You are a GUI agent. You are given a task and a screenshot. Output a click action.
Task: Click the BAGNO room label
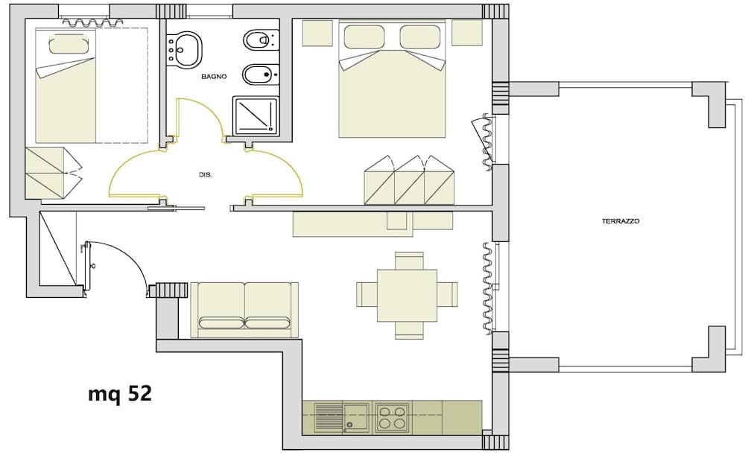point(214,77)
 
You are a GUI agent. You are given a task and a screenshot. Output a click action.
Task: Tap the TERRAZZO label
point(621,221)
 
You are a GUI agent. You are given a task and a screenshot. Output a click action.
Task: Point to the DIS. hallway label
point(206,174)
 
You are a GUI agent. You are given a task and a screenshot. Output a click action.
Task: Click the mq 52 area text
point(120,393)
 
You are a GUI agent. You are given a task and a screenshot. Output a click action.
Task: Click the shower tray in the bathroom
point(256,115)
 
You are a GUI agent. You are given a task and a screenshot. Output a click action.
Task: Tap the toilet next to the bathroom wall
point(259,39)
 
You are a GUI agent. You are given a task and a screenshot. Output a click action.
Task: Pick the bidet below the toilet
point(259,74)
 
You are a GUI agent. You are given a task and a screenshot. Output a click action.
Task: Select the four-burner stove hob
point(392,417)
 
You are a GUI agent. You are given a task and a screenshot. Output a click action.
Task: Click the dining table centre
point(407,295)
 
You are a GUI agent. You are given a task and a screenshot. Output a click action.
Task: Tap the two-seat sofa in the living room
point(244,309)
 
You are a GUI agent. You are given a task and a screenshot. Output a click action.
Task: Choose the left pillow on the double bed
point(364,37)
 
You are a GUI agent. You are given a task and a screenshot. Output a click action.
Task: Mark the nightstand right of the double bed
point(467,33)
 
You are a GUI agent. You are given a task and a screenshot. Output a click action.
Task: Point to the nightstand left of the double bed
point(317,33)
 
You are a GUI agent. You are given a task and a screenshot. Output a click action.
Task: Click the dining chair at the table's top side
point(409,261)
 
